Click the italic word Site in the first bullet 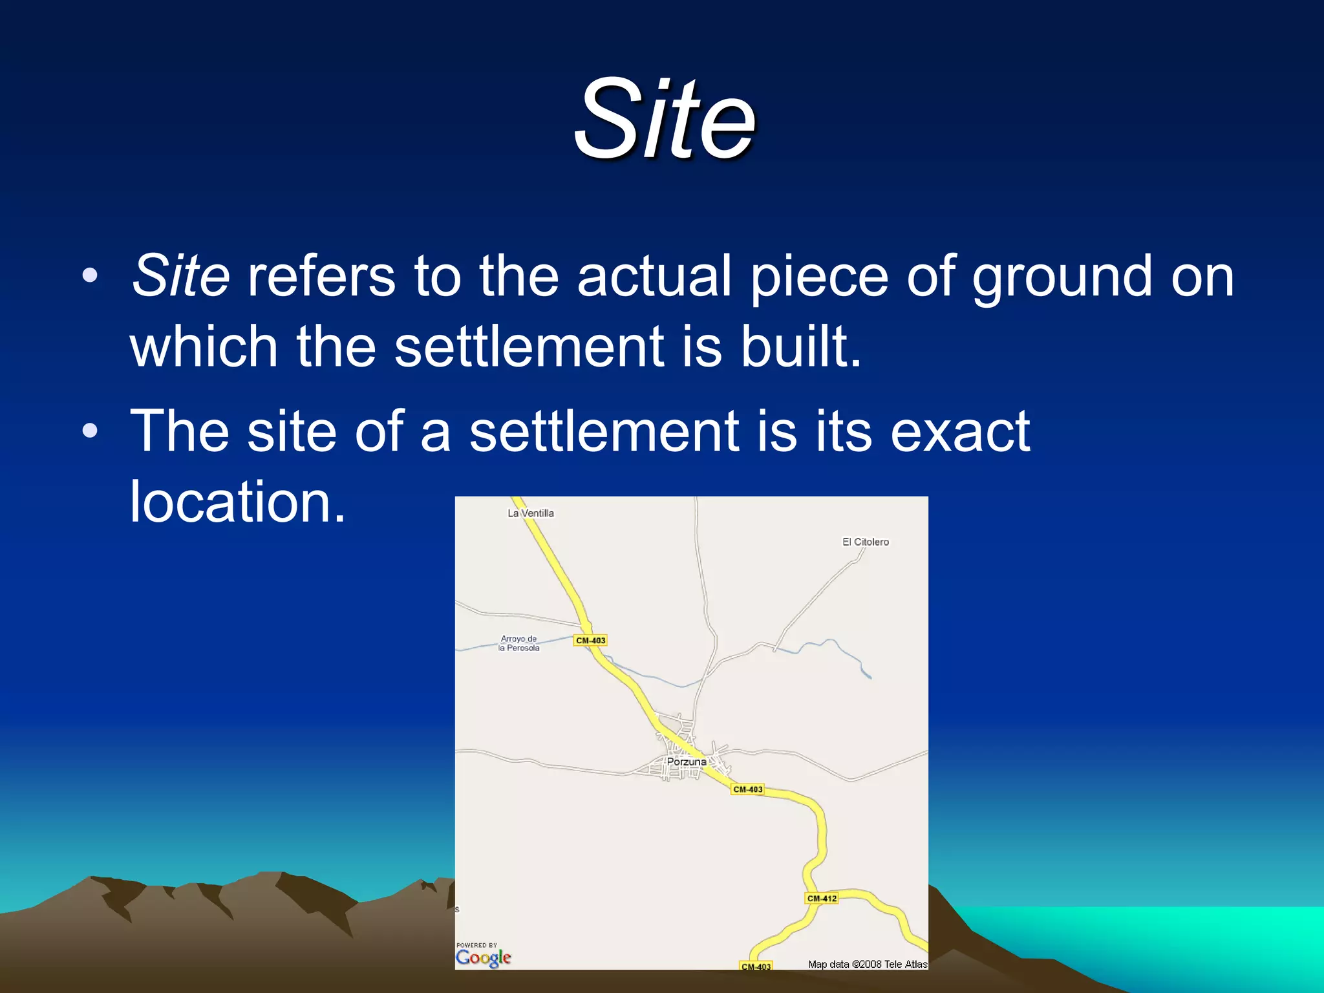pos(180,276)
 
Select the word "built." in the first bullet pos(801,347)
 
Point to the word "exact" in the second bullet pos(959,431)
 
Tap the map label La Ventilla pos(531,513)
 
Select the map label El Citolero pos(865,542)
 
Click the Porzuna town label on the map pos(687,762)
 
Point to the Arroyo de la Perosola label pos(518,643)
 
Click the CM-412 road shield pos(822,898)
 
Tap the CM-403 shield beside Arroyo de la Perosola pos(590,641)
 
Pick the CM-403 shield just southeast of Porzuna pos(748,789)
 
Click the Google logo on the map pos(483,957)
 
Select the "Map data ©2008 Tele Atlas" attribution pos(867,964)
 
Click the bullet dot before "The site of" pos(90,431)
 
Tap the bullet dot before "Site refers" pos(90,275)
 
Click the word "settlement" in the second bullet pos(604,431)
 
